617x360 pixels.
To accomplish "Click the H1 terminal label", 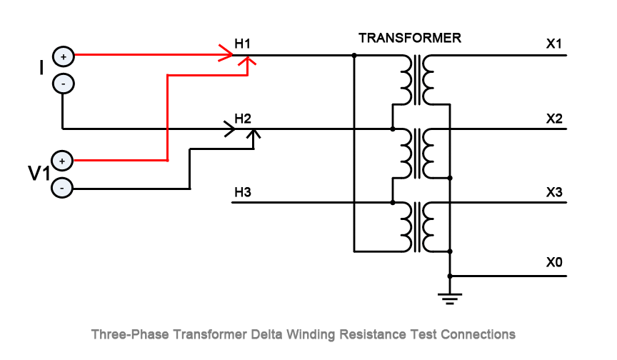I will (243, 44).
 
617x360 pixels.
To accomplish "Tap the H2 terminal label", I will (243, 118).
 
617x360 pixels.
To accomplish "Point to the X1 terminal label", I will (554, 44).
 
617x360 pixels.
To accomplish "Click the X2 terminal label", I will (554, 118).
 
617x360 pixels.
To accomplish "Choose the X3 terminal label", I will (554, 191).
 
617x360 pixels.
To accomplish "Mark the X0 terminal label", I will (554, 263).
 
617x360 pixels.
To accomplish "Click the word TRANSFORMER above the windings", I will (409, 38).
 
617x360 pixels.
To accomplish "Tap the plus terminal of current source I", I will (63, 56).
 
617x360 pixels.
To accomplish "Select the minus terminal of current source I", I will (63, 84).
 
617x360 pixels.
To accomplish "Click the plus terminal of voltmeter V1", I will (63, 161).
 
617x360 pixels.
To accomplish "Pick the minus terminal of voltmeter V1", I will (63, 189).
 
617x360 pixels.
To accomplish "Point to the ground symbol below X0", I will (450, 297).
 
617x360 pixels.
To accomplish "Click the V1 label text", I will (38, 174).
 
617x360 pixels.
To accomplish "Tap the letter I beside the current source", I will (41, 68).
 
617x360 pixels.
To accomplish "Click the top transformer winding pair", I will (418, 79).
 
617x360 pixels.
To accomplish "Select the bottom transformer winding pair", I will (418, 226).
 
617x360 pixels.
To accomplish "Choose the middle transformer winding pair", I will (418, 153).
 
